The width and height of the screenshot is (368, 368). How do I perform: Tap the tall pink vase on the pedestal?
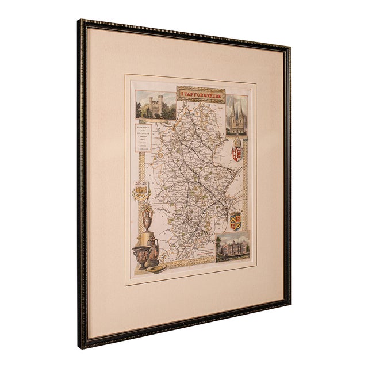pos(147,219)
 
